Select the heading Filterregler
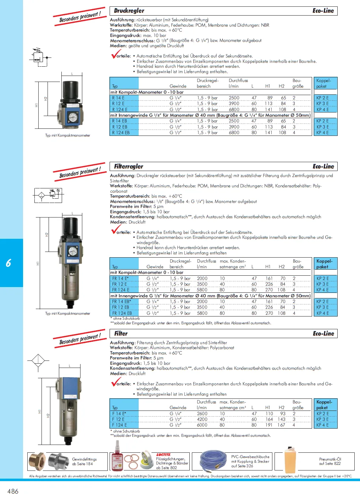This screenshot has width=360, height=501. tap(129, 166)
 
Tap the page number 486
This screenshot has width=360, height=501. tap(13, 491)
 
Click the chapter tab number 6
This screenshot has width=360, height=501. tap(9, 263)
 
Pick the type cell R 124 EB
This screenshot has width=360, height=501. tap(121, 133)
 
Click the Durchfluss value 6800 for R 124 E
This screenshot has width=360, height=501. tap(234, 110)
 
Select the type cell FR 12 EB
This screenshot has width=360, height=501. tap(121, 307)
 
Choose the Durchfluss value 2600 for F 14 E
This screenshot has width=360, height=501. tap(202, 414)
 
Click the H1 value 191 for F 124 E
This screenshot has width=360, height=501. tap(269, 425)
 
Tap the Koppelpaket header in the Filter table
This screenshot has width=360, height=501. tap(324, 405)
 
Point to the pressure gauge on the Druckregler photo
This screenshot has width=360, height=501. tap(73, 116)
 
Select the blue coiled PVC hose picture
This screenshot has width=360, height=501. tap(214, 460)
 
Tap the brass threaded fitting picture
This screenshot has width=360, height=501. tap(37, 461)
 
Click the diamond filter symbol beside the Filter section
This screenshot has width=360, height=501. tap(38, 361)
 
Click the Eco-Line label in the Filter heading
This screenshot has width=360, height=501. tap(323, 334)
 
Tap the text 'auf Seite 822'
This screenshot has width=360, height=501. tap(329, 463)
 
